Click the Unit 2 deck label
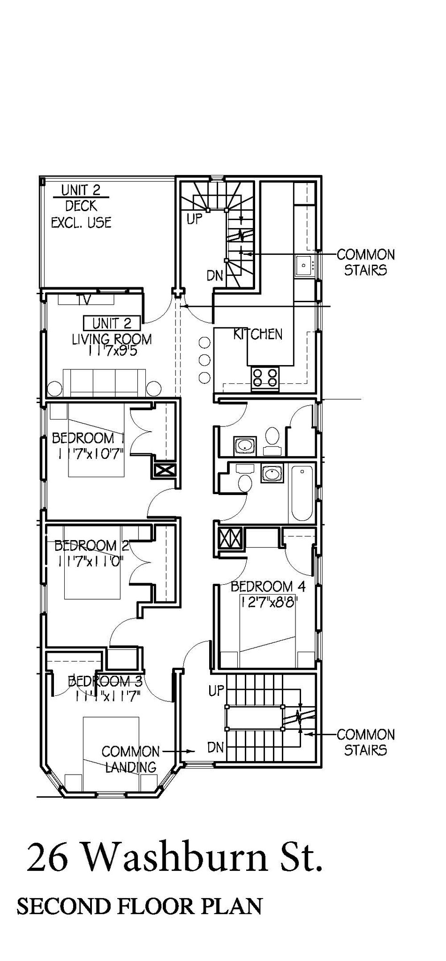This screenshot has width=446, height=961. coord(81,206)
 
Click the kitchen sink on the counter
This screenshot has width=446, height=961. coord(304,266)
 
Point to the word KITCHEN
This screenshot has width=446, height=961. coord(258,334)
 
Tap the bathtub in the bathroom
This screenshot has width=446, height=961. coord(302,493)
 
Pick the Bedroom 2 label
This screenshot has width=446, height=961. coord(91,546)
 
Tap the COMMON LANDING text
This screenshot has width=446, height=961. coord(130,759)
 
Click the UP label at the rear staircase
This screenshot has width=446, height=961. coord(194,219)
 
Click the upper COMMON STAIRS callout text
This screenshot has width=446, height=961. coord(365,262)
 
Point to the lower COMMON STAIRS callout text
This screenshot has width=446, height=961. coord(365,742)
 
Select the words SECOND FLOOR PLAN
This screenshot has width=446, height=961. coord(139,906)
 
